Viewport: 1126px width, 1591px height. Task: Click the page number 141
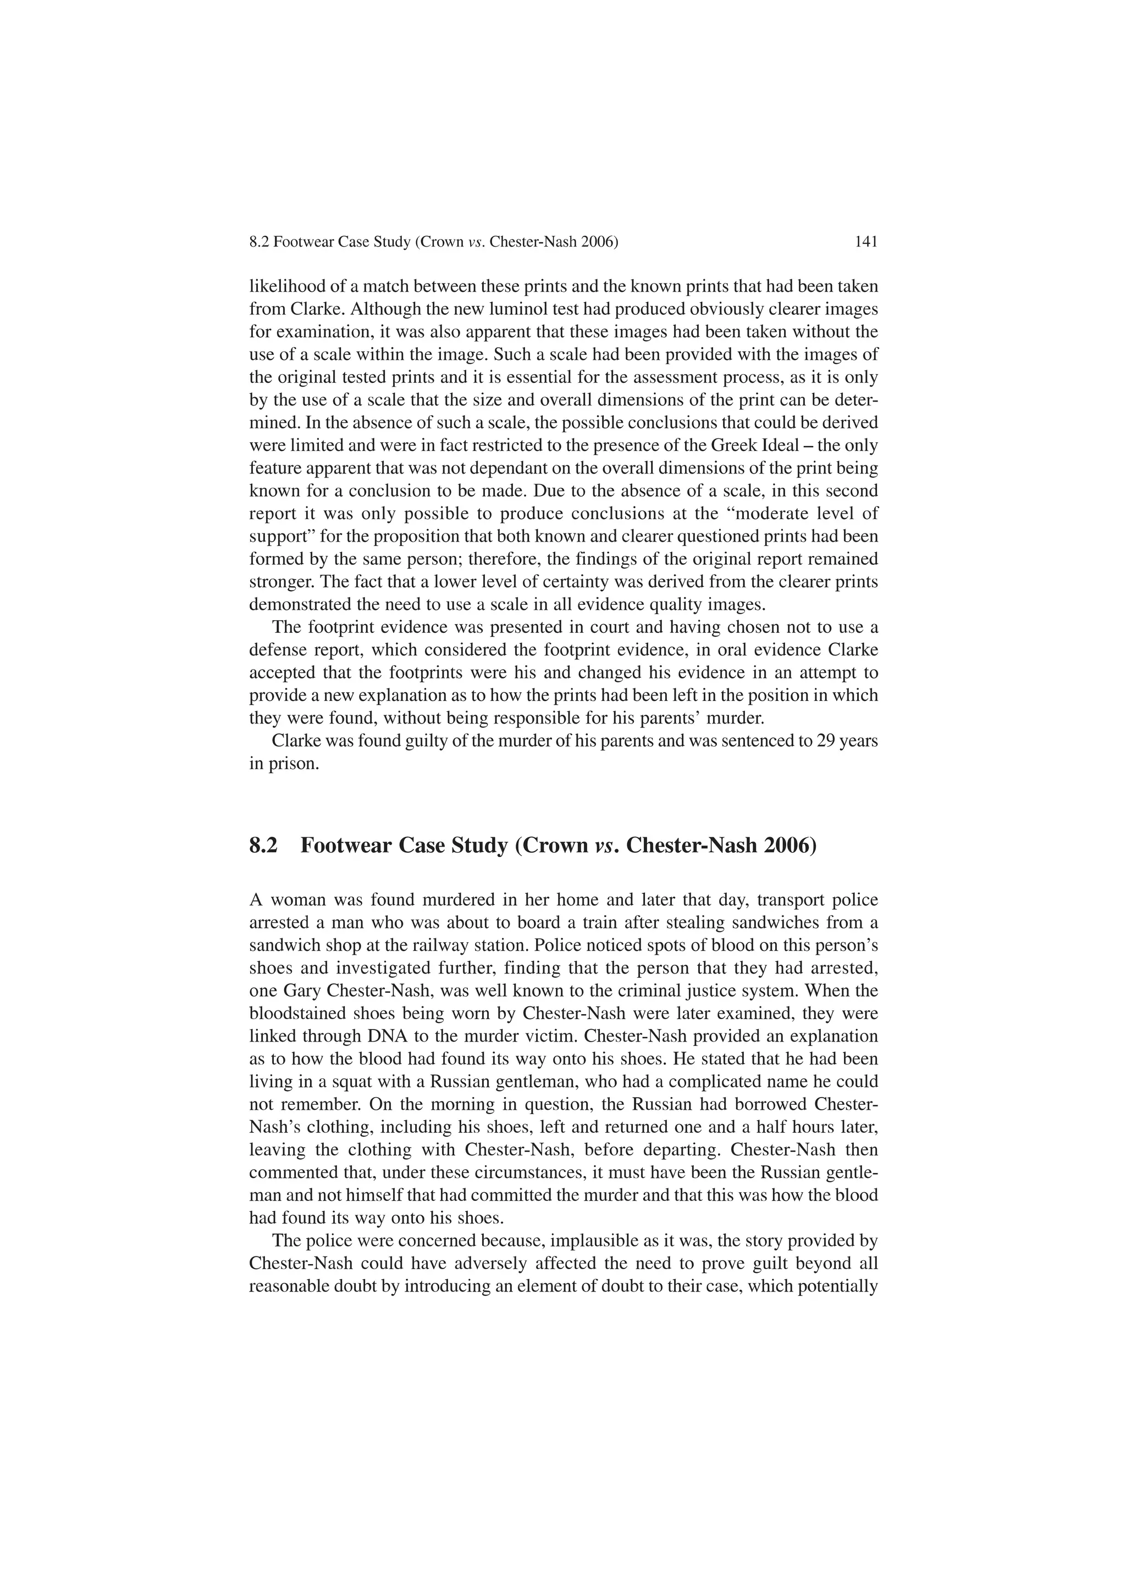pyautogui.click(x=866, y=242)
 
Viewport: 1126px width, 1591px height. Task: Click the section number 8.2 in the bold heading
pyautogui.click(x=263, y=846)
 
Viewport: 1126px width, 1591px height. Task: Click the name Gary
pyautogui.click(x=302, y=992)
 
